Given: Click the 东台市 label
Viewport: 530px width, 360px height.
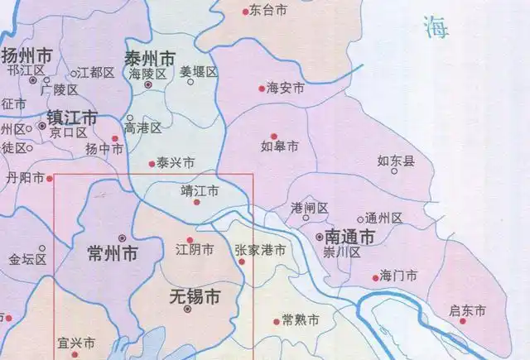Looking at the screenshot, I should click(268, 11).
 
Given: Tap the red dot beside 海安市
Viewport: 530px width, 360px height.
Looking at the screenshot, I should click(260, 86).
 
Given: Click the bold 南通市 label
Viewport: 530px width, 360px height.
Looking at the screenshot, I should click(350, 236).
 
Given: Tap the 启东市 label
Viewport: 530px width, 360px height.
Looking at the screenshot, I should click(466, 310).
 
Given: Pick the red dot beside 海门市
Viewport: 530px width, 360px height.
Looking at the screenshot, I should click(376, 277).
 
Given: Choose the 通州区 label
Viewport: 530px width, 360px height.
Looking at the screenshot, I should click(383, 218).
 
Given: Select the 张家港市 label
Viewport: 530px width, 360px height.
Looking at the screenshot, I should click(260, 249).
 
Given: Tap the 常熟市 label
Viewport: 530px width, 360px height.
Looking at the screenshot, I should click(298, 320).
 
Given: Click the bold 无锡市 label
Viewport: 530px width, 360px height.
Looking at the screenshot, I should click(194, 295).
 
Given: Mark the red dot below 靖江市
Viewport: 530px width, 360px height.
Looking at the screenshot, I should click(196, 202).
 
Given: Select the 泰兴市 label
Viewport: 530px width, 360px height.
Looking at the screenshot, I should click(176, 163).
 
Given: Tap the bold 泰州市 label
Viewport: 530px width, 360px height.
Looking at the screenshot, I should click(149, 59).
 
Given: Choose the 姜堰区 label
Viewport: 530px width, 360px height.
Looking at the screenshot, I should click(198, 73).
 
